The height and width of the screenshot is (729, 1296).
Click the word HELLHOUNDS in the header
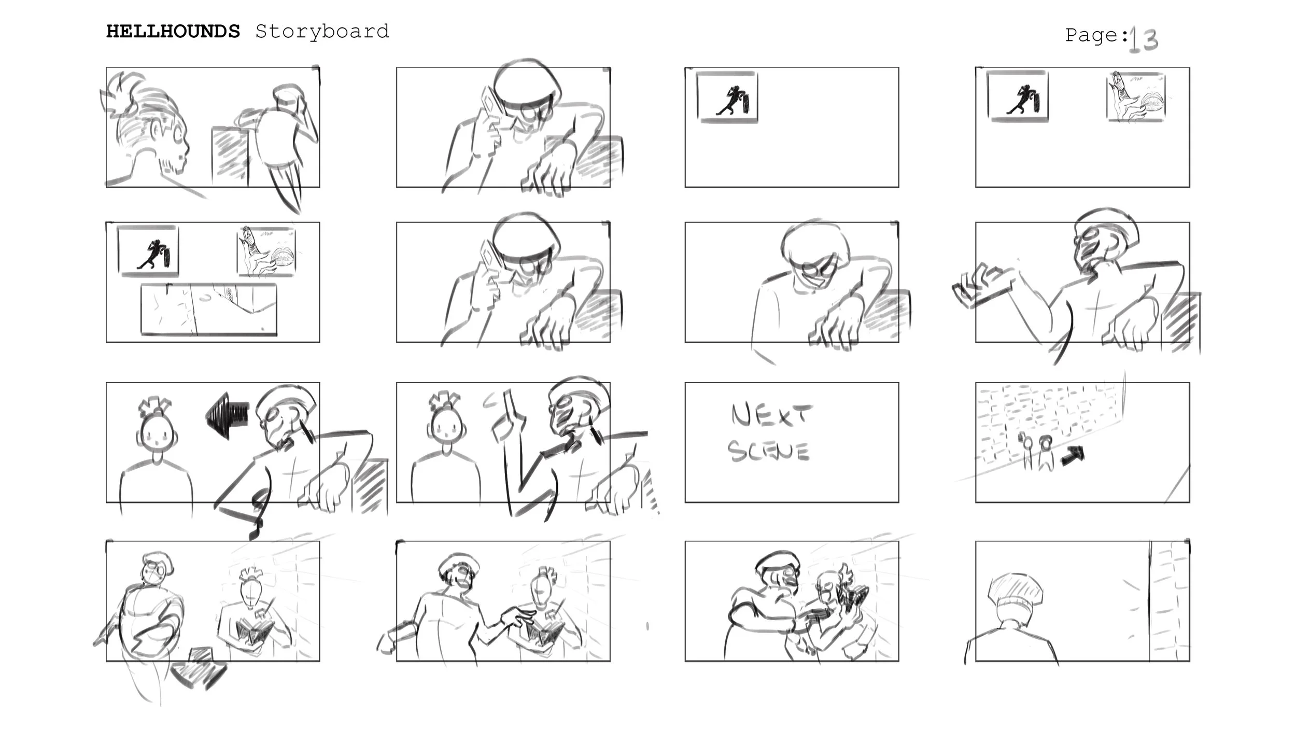[x=173, y=32]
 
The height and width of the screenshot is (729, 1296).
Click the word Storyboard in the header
[x=322, y=32]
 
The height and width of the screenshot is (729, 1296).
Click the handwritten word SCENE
[x=768, y=451]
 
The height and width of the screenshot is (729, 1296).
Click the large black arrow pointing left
[x=228, y=415]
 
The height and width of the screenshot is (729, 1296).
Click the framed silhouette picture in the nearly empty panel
[x=727, y=97]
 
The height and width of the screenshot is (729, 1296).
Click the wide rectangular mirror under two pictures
[x=209, y=309]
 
